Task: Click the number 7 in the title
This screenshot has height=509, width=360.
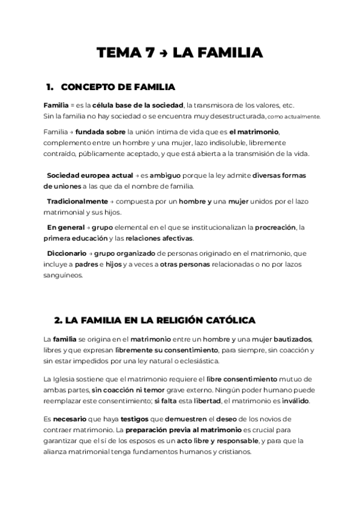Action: click(150, 53)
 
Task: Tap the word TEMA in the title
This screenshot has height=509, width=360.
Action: click(119, 53)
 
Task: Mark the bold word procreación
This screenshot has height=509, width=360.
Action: click(275, 227)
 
